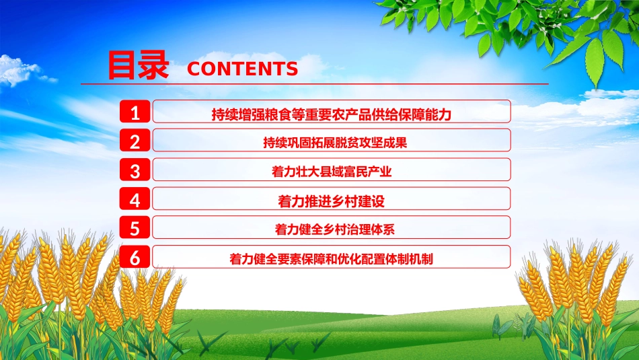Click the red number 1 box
[x=135, y=112]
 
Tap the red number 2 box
[x=135, y=141]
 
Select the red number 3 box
[x=135, y=170]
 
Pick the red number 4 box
[x=135, y=199]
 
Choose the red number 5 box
[x=135, y=228]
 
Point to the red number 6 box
[x=135, y=257]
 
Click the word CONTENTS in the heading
[x=242, y=69]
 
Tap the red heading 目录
[x=138, y=66]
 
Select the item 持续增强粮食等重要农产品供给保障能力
[x=331, y=114]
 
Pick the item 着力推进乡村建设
[x=331, y=201]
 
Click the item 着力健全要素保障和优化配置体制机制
[x=331, y=258]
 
